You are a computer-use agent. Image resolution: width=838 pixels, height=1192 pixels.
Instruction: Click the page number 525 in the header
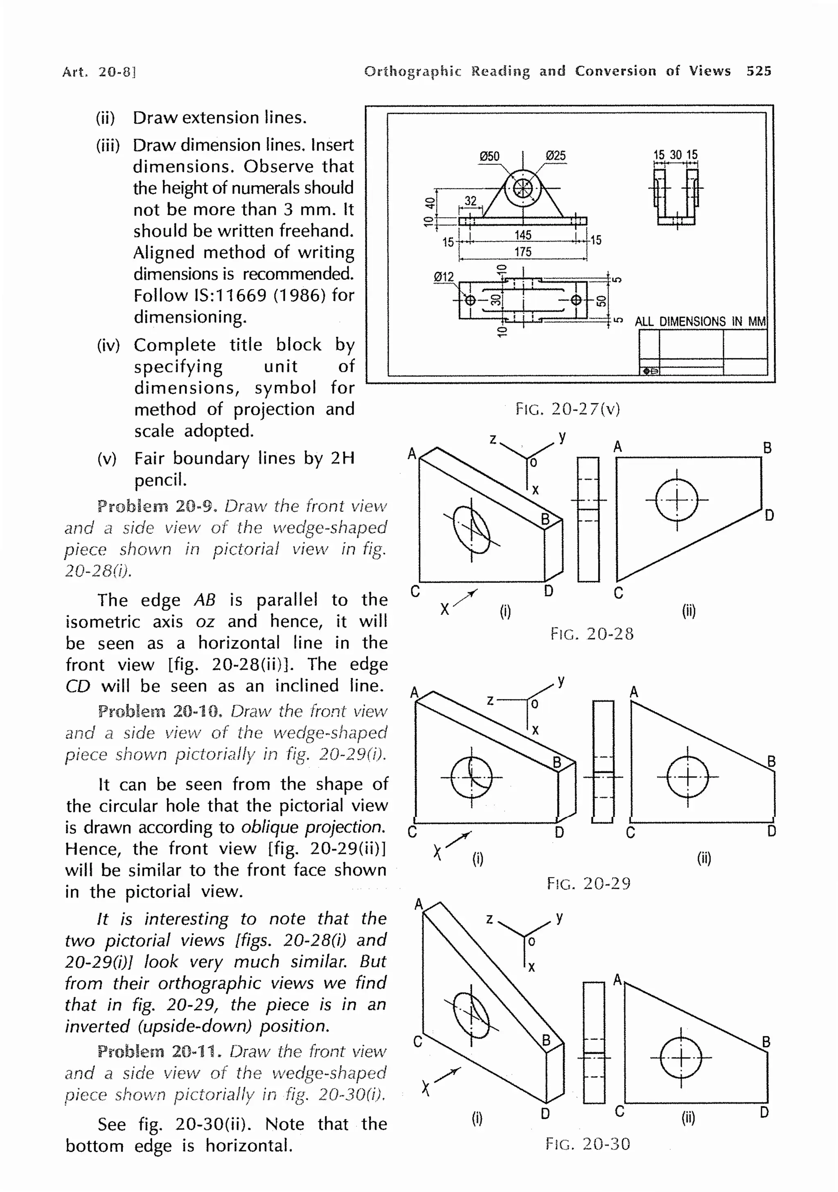click(759, 71)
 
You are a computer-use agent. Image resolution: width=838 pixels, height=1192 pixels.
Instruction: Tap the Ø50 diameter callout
click(489, 156)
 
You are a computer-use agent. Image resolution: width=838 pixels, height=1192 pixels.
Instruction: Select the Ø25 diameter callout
click(556, 156)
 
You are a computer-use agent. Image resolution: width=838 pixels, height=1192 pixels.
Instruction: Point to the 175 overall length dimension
click(523, 252)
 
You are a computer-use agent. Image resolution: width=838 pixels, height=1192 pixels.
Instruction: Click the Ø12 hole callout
click(444, 277)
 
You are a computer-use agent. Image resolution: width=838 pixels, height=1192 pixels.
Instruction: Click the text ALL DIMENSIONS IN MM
click(700, 322)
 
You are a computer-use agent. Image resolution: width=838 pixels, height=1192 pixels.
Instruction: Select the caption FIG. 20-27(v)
click(568, 409)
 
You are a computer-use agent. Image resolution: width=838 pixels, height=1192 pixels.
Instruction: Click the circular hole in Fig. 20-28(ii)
click(676, 500)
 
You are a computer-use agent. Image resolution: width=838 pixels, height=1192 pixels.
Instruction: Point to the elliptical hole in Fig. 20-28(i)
click(471, 530)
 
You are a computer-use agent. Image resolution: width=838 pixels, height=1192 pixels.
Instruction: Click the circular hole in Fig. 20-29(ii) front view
click(687, 777)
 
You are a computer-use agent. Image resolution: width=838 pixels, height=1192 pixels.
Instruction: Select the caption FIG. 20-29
click(588, 883)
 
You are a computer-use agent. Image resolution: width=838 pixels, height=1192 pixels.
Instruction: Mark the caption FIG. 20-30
click(587, 1144)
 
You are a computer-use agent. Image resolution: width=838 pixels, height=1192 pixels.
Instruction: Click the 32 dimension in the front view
click(471, 201)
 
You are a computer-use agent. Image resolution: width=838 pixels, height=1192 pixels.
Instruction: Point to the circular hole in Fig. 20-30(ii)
click(681, 1057)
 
